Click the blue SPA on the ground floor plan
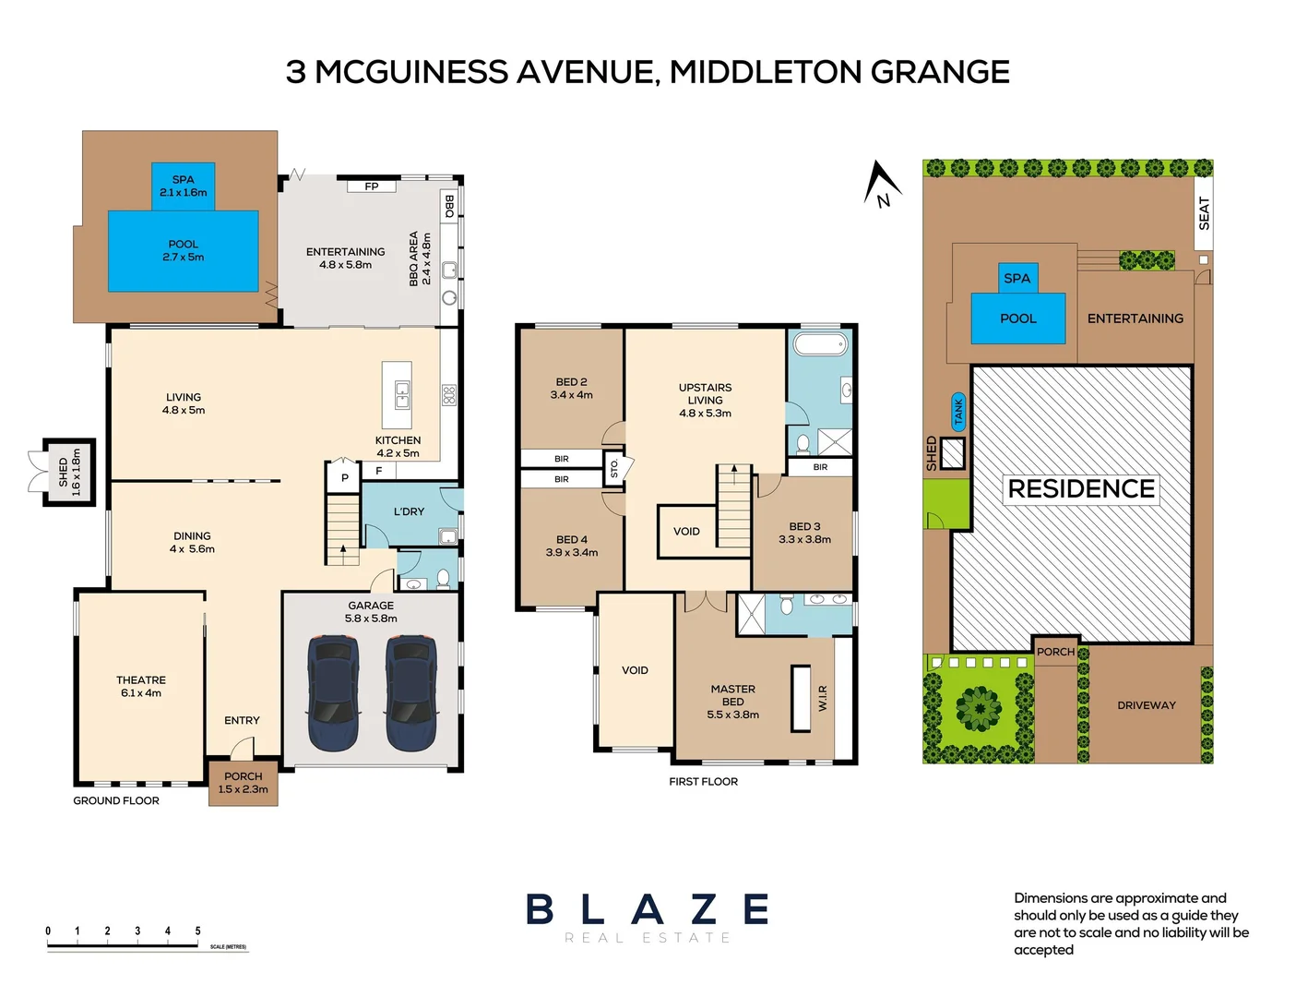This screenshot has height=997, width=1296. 183,186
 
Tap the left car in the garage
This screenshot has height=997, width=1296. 333,692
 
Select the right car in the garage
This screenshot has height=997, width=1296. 411,692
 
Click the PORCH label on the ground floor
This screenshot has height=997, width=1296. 243,776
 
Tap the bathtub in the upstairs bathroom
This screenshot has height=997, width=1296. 820,345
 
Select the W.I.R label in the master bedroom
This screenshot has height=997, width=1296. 823,698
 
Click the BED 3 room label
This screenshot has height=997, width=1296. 804,526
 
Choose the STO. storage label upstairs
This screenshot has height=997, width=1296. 614,469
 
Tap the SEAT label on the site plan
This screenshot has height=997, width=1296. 1204,213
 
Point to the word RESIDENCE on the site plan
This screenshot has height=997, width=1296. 1081,488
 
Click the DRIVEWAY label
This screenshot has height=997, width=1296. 1147,705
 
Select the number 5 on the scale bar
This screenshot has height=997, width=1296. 197,931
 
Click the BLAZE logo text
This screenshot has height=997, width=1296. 648,909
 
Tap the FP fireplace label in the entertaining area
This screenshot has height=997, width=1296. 372,186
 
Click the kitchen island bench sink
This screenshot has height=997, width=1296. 402,395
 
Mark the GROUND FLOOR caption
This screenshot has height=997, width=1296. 116,800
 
